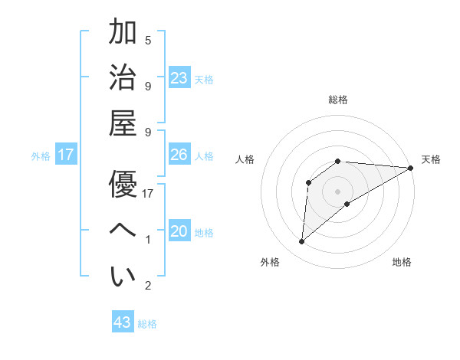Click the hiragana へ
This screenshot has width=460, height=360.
123,229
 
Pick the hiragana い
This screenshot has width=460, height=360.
123,277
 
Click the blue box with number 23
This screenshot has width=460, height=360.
179,78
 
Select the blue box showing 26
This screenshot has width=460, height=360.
179,155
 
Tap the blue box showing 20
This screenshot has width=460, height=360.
179,231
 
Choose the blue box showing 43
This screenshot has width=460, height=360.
123,322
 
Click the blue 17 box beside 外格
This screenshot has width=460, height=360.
66,155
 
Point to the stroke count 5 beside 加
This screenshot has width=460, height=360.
148,40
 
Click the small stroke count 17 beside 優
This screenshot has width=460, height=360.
148,194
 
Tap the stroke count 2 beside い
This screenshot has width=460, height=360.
148,286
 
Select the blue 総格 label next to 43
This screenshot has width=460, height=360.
147,324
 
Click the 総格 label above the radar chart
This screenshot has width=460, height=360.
337,100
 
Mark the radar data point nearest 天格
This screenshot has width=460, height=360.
411,168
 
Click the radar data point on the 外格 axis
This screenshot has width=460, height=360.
302,242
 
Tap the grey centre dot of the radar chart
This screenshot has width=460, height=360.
337,191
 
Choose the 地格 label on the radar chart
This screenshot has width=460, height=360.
402,262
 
